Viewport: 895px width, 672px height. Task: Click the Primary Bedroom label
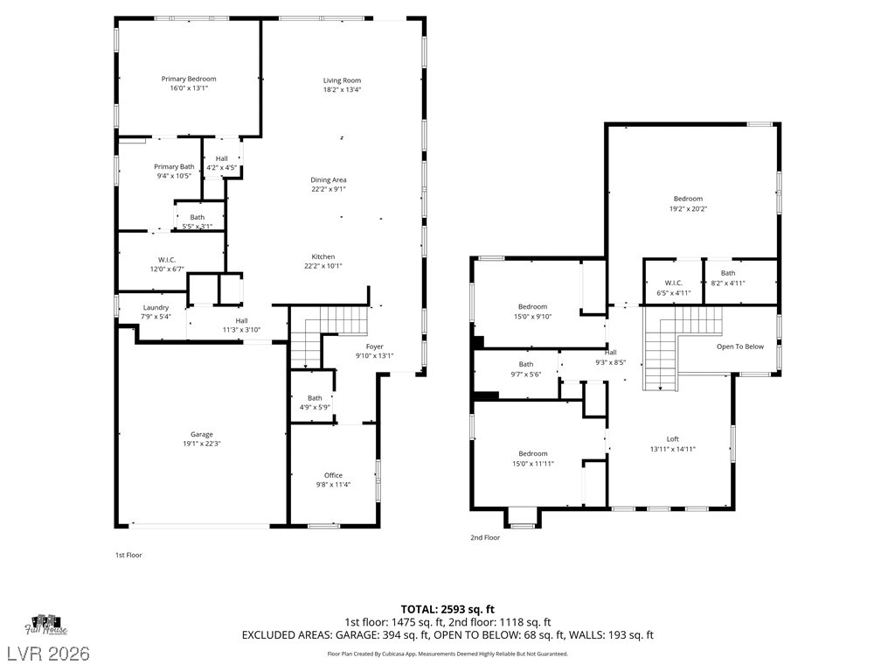coord(189,79)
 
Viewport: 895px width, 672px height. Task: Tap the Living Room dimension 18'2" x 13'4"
coord(342,90)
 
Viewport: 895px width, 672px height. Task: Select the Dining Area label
coord(329,179)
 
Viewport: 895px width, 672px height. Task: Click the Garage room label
coord(202,434)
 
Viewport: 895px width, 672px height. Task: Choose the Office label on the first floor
coord(333,475)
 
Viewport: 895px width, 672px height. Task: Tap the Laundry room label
coord(156,307)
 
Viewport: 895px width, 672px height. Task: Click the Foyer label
coord(374,346)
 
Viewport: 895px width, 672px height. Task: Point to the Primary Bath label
coord(174,166)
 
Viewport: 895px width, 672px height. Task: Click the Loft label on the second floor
coord(672,439)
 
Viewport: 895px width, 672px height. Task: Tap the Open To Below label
coord(739,346)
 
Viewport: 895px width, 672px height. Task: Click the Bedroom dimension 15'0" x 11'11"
coord(532,464)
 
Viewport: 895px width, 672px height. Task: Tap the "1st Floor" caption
coord(128,555)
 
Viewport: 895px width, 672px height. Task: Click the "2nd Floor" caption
coord(485,537)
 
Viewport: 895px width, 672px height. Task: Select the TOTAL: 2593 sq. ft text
coord(447,609)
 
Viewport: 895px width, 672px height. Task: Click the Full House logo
coord(45,626)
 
